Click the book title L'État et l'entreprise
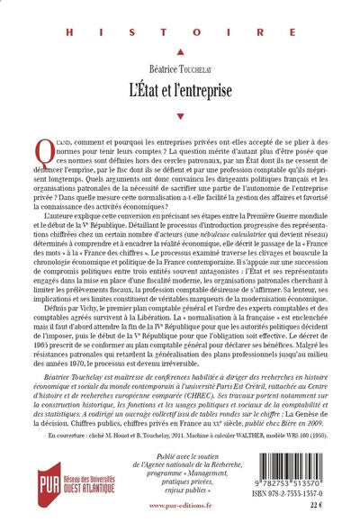tap(181, 84)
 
